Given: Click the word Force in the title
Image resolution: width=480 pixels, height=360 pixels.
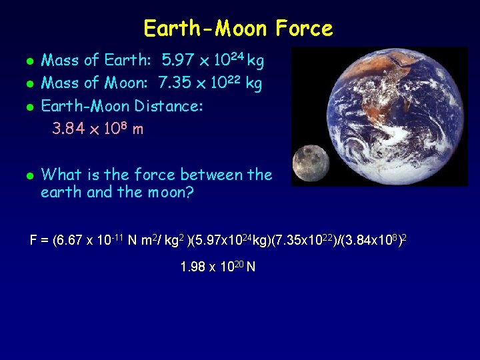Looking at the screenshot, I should coord(301,29).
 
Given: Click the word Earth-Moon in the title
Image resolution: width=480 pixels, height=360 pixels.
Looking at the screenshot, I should coord(205,29).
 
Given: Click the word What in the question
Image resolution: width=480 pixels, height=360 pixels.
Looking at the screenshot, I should coord(61,175).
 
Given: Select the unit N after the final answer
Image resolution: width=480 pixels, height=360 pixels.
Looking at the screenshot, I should coord(251,268).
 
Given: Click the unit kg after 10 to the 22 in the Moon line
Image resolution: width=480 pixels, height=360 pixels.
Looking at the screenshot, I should coord(253,83).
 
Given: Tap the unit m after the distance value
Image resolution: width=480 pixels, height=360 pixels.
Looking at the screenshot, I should coord(137,129).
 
